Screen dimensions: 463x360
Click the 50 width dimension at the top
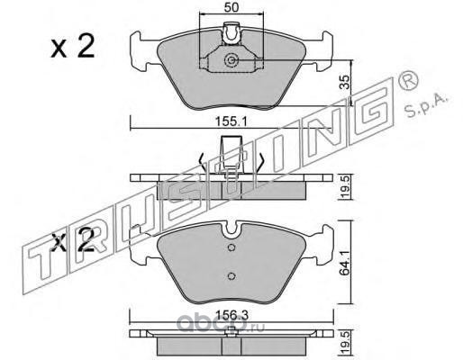[231, 7]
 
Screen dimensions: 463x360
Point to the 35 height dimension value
[346, 82]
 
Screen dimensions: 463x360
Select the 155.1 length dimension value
[231, 121]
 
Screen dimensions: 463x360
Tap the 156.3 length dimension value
[232, 315]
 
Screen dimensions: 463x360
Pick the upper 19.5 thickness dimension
[346, 188]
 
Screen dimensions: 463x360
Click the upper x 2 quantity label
[72, 47]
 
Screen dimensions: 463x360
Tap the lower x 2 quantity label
[73, 240]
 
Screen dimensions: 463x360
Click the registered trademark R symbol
[408, 79]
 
